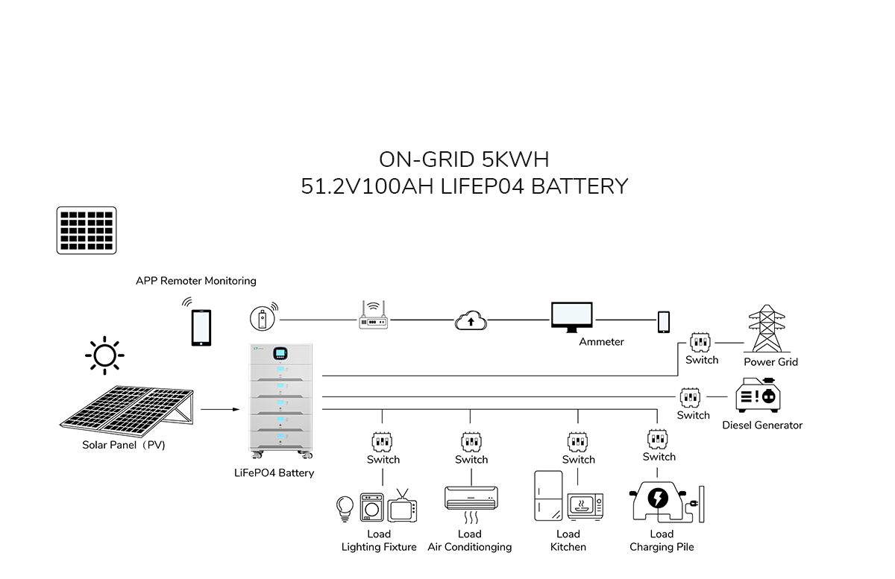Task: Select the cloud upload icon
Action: (470, 320)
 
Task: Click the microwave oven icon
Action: (585, 507)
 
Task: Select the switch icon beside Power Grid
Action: (700, 342)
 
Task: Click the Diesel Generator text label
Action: (762, 425)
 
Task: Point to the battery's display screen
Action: (281, 352)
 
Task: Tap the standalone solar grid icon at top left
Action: (87, 231)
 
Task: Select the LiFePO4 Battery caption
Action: (274, 473)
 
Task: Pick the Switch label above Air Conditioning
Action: (471, 460)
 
